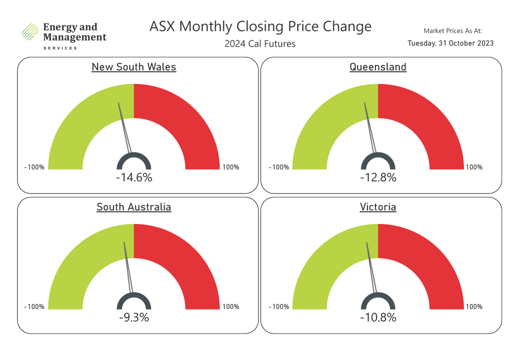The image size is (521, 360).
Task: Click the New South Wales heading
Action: click(x=134, y=67)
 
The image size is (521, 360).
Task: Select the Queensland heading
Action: click(x=378, y=67)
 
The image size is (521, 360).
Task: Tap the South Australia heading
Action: click(x=134, y=207)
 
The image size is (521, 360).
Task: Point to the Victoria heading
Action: click(x=378, y=207)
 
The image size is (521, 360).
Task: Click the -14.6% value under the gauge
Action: click(x=134, y=178)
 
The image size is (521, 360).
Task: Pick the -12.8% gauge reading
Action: click(x=378, y=178)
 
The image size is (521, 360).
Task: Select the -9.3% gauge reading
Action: click(x=134, y=317)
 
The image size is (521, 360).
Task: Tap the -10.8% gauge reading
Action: click(x=378, y=317)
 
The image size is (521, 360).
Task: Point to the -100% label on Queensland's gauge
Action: click(x=279, y=167)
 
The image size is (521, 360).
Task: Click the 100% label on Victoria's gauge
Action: click(x=474, y=307)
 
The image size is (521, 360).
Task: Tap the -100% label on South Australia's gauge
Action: click(x=34, y=307)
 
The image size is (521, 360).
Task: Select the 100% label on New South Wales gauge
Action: click(x=230, y=167)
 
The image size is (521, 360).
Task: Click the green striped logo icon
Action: click(x=30, y=32)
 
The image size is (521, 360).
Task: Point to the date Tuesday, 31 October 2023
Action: click(x=451, y=43)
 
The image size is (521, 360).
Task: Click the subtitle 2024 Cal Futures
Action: click(x=260, y=44)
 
